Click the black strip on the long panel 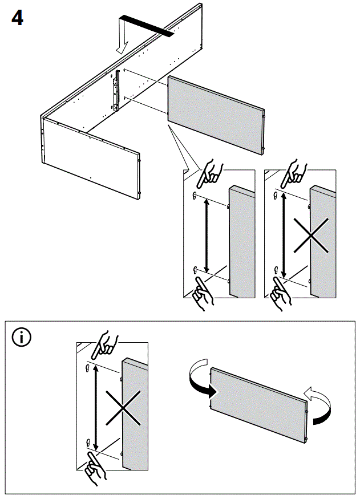(145, 25)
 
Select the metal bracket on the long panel (116, 91)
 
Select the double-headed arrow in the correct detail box (206, 235)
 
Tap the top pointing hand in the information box (107, 343)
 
